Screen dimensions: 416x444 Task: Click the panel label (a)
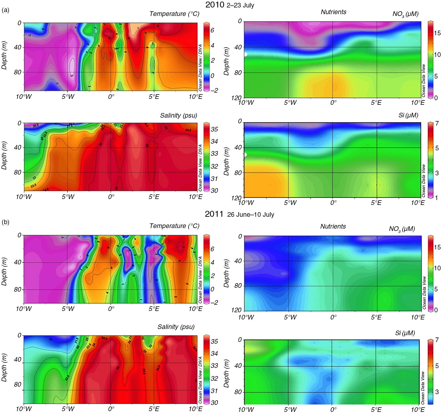[x=5, y=11]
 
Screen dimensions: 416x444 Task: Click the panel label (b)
[x=5, y=222]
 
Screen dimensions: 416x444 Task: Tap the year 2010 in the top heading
[x=215, y=5]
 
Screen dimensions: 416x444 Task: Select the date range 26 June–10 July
[x=251, y=215]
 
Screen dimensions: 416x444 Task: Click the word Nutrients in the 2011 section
[x=333, y=227]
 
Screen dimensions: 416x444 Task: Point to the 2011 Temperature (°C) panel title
[x=174, y=226]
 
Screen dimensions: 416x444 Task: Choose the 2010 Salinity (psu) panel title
[x=178, y=116]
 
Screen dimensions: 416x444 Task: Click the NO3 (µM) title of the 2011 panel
[x=402, y=229]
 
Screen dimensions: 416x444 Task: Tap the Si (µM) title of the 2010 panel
[x=408, y=115]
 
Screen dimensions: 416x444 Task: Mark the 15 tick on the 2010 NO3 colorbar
[x=437, y=33]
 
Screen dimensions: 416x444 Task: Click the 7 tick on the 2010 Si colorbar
[x=437, y=124]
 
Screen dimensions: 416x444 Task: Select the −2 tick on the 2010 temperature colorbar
[x=214, y=91]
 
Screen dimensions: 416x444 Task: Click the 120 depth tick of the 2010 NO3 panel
[x=236, y=98]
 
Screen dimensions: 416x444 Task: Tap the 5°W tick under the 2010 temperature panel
[x=68, y=97]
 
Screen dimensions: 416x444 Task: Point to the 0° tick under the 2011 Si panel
[x=333, y=409]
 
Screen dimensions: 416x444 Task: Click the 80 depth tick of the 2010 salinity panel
[x=17, y=172]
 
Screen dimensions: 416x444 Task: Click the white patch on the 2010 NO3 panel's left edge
[x=245, y=54]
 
